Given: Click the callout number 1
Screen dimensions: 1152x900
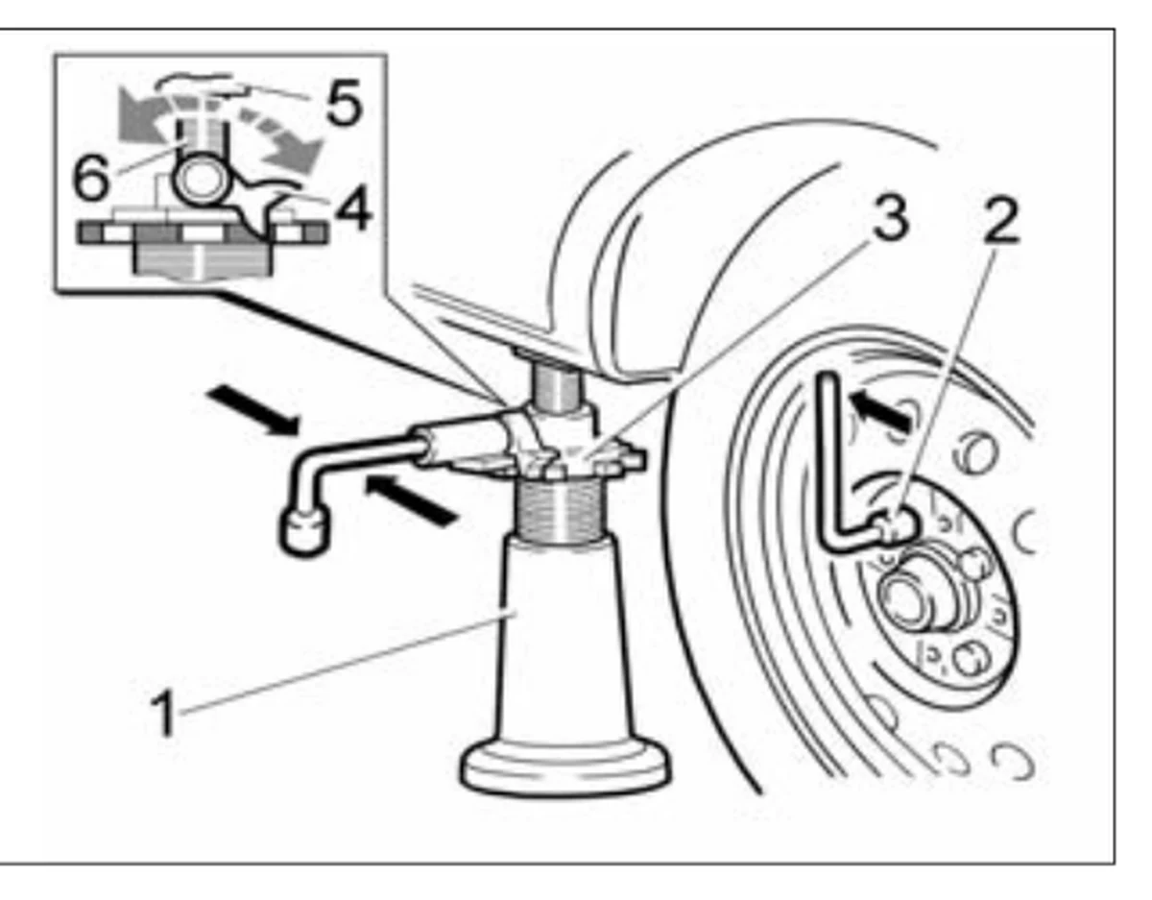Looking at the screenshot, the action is point(164,713).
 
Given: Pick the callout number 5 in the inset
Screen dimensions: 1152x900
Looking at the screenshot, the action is point(345,104).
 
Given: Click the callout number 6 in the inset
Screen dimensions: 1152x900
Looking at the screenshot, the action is point(91,177).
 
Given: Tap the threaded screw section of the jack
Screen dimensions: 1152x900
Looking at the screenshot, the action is point(560,510).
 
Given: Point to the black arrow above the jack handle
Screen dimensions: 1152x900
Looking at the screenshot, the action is point(253,409).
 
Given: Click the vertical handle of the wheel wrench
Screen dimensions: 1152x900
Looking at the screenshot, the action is point(829,456).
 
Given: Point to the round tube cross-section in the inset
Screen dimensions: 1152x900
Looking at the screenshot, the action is point(202,181).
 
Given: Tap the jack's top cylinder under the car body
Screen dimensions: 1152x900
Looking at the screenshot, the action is point(555,387).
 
